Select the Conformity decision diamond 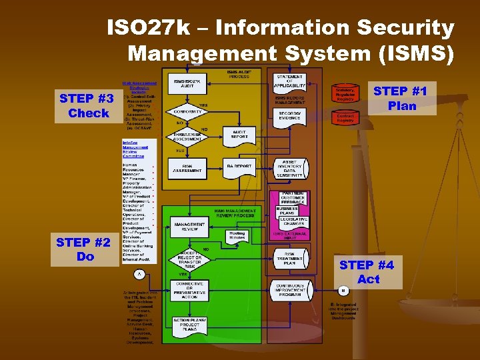click(x=189, y=112)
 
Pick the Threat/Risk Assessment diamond click(x=189, y=137)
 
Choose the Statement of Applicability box click(x=290, y=81)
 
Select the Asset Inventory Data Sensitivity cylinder click(x=290, y=169)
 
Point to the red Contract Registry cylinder click(x=345, y=118)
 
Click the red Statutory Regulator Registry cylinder click(x=345, y=94)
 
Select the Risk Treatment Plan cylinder click(x=290, y=258)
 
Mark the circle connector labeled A click(x=139, y=274)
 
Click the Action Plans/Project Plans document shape click(x=189, y=324)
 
